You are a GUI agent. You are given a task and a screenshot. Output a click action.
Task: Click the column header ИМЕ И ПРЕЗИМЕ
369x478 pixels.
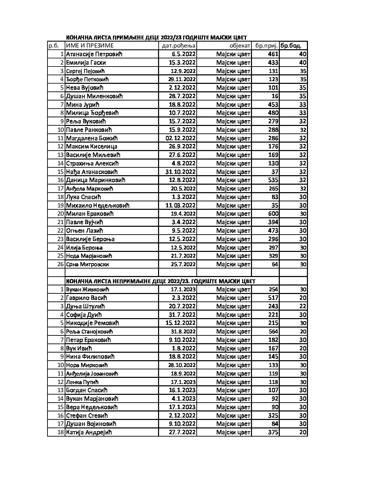pyautogui.click(x=90, y=46)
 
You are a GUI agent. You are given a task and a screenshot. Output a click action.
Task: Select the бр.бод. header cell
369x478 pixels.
pyautogui.click(x=291, y=46)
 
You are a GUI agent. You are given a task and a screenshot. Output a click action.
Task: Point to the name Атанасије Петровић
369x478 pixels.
pyautogui.click(x=94, y=54)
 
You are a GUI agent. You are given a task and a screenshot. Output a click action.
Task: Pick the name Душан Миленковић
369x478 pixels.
pyautogui.click(x=94, y=96)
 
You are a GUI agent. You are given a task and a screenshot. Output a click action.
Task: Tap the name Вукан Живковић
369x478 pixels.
pyautogui.click(x=88, y=290)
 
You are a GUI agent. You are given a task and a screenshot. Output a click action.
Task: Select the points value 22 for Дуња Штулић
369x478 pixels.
pyautogui.click(x=303, y=306)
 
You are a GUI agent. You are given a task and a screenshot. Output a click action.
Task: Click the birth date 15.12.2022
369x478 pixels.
pyautogui.click(x=180, y=323)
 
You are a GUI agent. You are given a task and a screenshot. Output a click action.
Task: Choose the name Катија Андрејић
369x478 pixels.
pyautogui.click(x=89, y=432)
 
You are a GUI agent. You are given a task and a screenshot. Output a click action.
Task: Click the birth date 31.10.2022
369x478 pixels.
pyautogui.click(x=180, y=172)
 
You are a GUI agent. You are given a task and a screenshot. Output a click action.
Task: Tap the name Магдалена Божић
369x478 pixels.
pyautogui.click(x=92, y=138)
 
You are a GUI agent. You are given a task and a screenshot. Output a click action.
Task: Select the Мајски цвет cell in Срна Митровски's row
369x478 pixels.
pyautogui.click(x=233, y=264)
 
